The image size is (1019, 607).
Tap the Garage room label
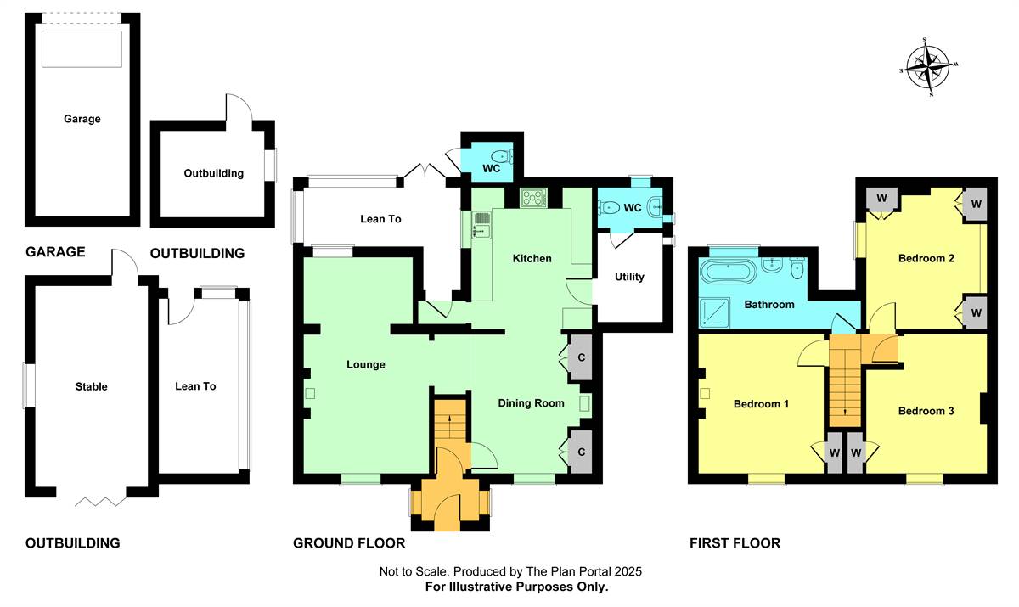tap(82, 119)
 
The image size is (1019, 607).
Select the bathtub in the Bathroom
tap(728, 272)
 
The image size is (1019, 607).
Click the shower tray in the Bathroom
tap(714, 312)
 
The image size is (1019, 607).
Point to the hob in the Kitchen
tap(533, 199)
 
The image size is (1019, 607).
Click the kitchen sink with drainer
tap(481, 225)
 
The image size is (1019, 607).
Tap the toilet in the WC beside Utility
tap(610, 208)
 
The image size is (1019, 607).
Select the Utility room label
tap(629, 277)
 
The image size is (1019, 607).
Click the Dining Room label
tap(531, 403)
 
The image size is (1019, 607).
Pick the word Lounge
tap(366, 365)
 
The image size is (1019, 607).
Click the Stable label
tap(92, 387)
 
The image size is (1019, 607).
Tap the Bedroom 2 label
tap(926, 259)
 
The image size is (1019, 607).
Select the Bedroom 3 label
tap(926, 412)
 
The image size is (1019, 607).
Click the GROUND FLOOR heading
tap(349, 543)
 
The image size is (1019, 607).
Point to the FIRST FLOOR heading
tap(735, 543)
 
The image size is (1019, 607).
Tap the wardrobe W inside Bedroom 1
tap(834, 452)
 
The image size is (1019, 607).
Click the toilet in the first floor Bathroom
tap(797, 269)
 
